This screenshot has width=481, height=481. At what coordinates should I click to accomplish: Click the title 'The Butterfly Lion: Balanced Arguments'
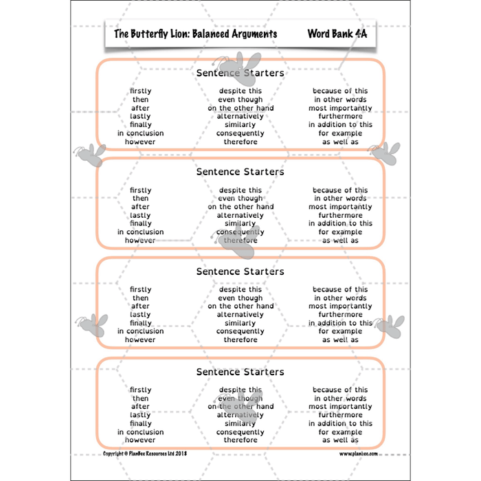point(195,33)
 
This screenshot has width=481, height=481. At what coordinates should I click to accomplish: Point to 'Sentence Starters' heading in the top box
point(240,73)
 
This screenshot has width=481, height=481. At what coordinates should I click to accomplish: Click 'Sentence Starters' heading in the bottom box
point(240,372)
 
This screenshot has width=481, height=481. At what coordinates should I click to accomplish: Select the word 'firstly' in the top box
point(140,91)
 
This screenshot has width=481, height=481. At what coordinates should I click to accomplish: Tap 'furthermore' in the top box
point(340,116)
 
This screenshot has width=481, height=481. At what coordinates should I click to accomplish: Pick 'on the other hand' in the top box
point(240,108)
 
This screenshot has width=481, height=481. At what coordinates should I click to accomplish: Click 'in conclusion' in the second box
point(140,232)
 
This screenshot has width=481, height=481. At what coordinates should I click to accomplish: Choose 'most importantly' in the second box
point(340,207)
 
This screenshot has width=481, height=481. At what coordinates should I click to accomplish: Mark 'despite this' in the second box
point(240,190)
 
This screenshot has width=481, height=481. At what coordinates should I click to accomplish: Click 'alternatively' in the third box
point(240,315)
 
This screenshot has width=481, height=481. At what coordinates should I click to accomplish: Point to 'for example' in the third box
point(340,331)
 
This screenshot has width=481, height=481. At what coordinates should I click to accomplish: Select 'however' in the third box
point(140,339)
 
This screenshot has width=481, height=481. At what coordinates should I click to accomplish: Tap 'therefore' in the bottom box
point(240,440)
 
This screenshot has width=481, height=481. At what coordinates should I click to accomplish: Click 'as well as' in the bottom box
point(340,440)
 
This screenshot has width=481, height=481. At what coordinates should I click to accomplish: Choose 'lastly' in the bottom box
point(140,415)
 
